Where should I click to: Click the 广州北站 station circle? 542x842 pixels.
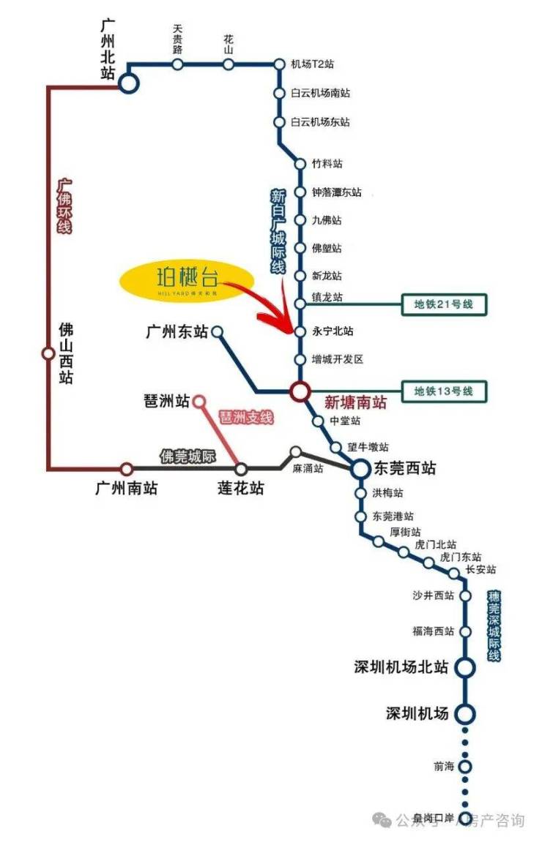click(x=128, y=83)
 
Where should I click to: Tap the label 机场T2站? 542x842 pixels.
click(x=313, y=65)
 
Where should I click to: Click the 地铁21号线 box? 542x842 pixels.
click(x=444, y=304)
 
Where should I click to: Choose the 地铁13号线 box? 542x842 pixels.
click(x=444, y=391)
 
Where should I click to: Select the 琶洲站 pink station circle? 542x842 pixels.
click(x=198, y=401)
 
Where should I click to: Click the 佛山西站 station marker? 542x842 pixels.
click(x=48, y=354)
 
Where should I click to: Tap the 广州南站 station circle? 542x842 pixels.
click(x=127, y=468)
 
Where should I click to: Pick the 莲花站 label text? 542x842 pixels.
click(x=240, y=488)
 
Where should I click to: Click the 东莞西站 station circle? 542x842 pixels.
click(x=360, y=469)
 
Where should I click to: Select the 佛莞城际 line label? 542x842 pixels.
click(x=188, y=457)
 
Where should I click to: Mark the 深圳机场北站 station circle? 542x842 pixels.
click(x=464, y=667)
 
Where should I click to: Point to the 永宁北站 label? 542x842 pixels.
click(x=333, y=332)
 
